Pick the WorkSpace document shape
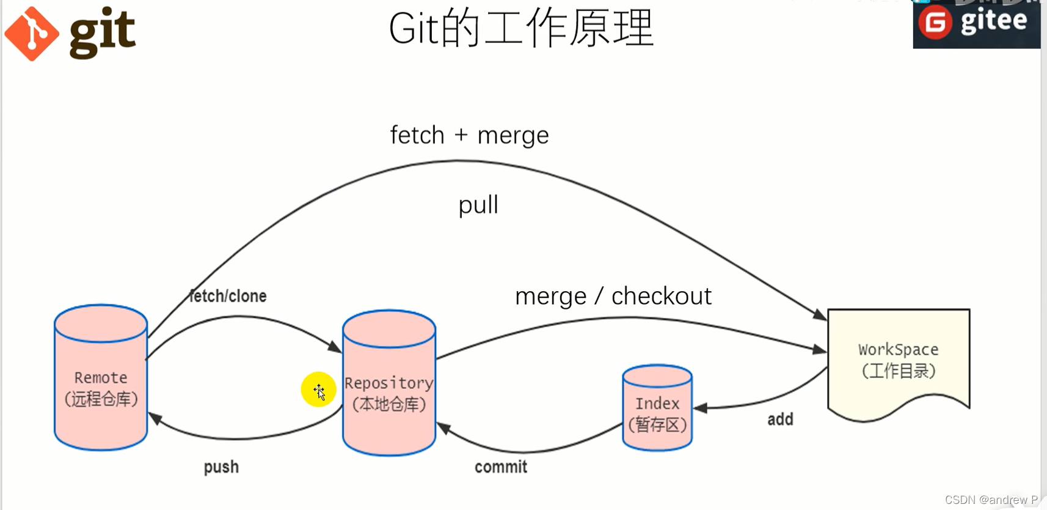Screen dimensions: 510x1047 pyautogui.click(x=898, y=361)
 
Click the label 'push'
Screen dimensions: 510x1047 pyautogui.click(x=221, y=467)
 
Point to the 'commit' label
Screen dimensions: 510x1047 pyautogui.click(x=501, y=467)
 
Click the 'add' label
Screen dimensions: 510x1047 pyautogui.click(x=780, y=419)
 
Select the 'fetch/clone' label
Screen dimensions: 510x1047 pyautogui.click(x=228, y=297)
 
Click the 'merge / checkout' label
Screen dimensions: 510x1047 pyautogui.click(x=613, y=297)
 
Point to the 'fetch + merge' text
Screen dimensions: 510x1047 pyautogui.click(x=469, y=135)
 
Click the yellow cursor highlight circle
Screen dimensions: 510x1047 pyautogui.click(x=318, y=390)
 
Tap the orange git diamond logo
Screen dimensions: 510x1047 pyautogui.click(x=32, y=34)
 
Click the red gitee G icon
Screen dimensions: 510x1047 pyautogui.click(x=935, y=23)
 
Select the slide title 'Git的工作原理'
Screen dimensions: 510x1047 pyautogui.click(x=521, y=29)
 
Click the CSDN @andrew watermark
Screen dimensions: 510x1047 pyautogui.click(x=991, y=500)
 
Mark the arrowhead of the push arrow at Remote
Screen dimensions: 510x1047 pyautogui.click(x=154, y=418)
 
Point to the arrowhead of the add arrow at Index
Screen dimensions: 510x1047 pyautogui.click(x=700, y=408)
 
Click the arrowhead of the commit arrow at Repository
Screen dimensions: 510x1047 pyautogui.click(x=443, y=427)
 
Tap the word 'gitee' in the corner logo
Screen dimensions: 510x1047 pyautogui.click(x=994, y=21)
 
